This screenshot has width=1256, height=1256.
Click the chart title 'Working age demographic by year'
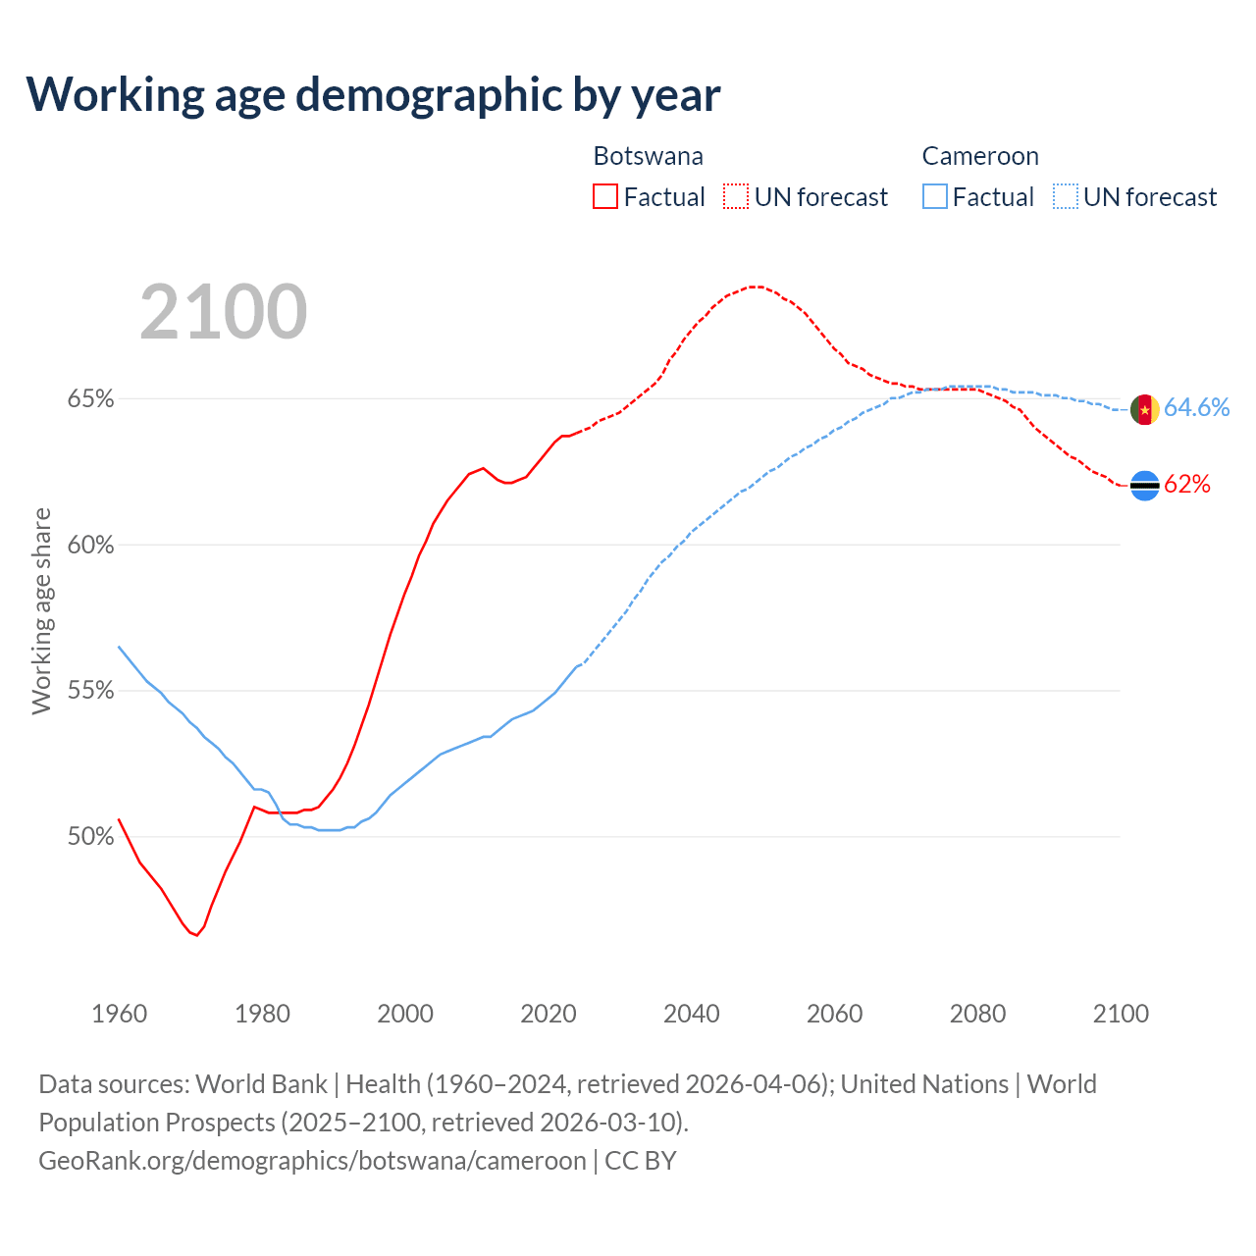click(x=373, y=94)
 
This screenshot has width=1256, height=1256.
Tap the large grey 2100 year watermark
click(x=224, y=312)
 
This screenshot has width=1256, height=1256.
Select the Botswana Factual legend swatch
click(x=605, y=196)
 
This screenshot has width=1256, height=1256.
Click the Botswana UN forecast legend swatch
click(x=736, y=196)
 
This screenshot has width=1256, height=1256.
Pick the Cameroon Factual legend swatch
click(x=935, y=196)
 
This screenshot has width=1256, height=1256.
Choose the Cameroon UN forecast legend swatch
click(x=1066, y=196)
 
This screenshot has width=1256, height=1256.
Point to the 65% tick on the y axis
click(x=91, y=399)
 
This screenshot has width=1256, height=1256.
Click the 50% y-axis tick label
click(x=91, y=837)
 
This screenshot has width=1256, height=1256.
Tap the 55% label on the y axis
click(x=91, y=691)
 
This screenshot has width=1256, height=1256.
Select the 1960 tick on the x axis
click(x=120, y=1014)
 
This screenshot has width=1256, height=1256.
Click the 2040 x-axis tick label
click(x=692, y=1014)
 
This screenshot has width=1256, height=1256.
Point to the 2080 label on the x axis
click(x=977, y=1014)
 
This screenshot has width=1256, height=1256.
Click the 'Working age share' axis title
click(x=41, y=610)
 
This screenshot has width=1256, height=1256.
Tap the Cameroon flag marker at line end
click(x=1145, y=409)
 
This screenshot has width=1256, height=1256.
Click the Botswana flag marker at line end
click(x=1145, y=485)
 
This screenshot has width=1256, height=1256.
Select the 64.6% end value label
click(x=1197, y=407)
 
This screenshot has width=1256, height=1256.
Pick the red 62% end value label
click(x=1187, y=484)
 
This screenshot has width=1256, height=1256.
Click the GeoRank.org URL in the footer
click(x=312, y=1161)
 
